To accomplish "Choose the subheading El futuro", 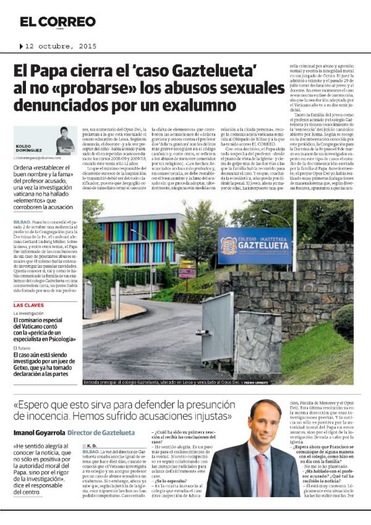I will (x=22, y=348).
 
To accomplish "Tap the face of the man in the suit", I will (x=262, y=424).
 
